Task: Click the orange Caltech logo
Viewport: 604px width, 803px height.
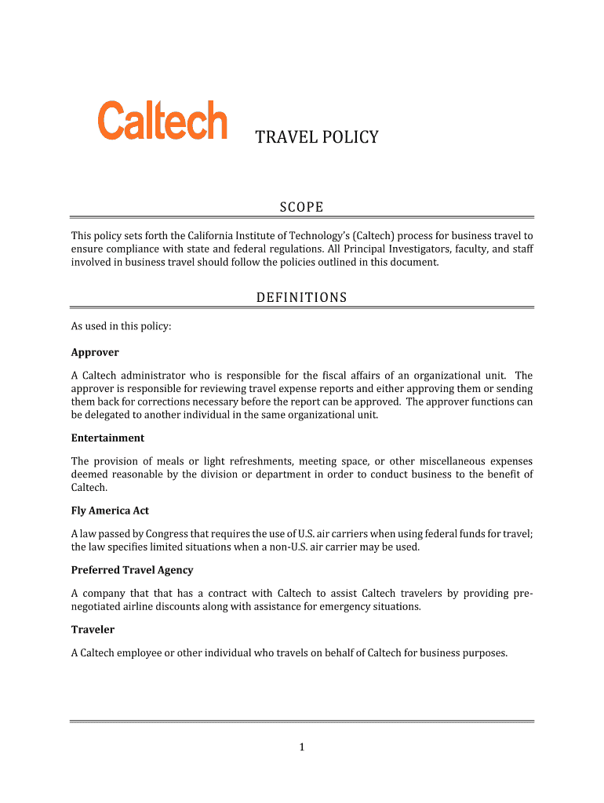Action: point(162,122)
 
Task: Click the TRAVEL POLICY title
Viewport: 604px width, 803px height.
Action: point(317,138)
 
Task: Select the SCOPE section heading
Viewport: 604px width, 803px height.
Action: point(302,207)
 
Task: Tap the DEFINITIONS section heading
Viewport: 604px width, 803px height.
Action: point(301,297)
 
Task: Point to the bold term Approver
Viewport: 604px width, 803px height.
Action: point(95,352)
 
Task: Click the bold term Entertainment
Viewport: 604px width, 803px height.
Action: point(107,438)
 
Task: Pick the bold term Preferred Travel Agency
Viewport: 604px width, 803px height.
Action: point(132,570)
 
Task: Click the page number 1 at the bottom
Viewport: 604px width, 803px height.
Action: point(301,747)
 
